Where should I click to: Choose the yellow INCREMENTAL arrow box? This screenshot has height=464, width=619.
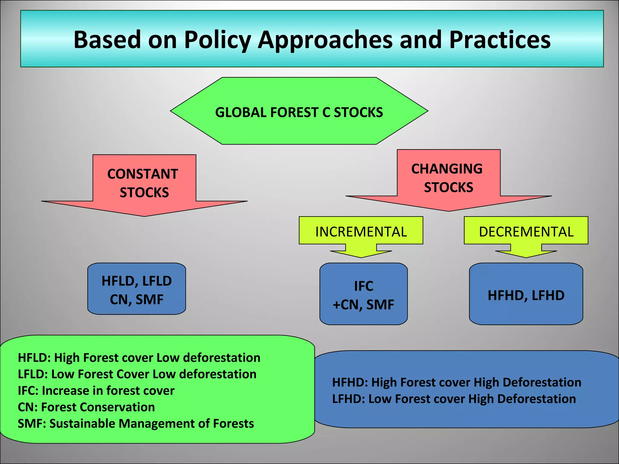(x=361, y=232)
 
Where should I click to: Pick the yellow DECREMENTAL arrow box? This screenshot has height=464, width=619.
(x=526, y=232)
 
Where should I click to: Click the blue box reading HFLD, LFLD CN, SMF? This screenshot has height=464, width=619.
(x=137, y=289)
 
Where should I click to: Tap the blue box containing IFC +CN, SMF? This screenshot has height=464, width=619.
(x=363, y=295)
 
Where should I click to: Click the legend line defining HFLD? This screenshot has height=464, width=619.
(x=139, y=358)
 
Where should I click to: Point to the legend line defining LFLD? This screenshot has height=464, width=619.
(x=137, y=374)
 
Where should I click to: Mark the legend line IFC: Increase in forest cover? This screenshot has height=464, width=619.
(x=96, y=391)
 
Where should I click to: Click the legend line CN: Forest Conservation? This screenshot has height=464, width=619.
(x=86, y=407)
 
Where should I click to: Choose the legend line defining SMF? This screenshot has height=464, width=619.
(x=136, y=424)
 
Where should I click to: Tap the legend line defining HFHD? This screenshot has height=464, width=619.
(x=456, y=382)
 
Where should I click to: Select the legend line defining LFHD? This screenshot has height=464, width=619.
(x=454, y=399)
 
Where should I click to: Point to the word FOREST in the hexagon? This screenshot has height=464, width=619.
(x=294, y=112)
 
